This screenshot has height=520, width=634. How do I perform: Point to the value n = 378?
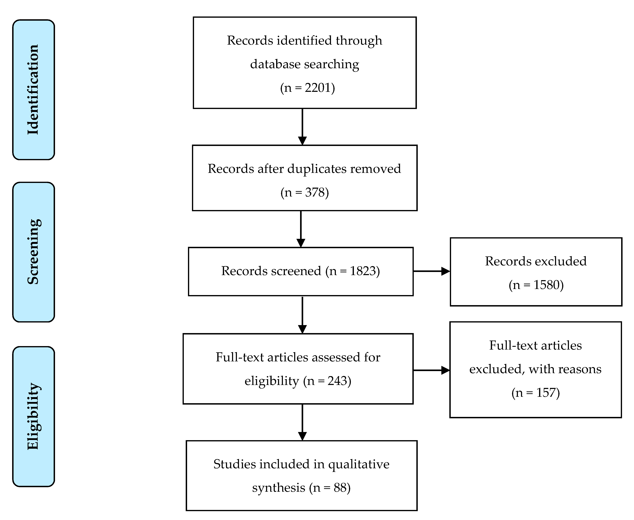tap(305, 192)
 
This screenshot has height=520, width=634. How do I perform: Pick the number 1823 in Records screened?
tap(363, 271)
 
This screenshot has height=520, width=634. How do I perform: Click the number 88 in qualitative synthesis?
tap(340, 488)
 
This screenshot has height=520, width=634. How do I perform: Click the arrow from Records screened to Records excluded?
tap(431, 271)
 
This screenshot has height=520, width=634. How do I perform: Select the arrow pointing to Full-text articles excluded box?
tap(431, 370)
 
